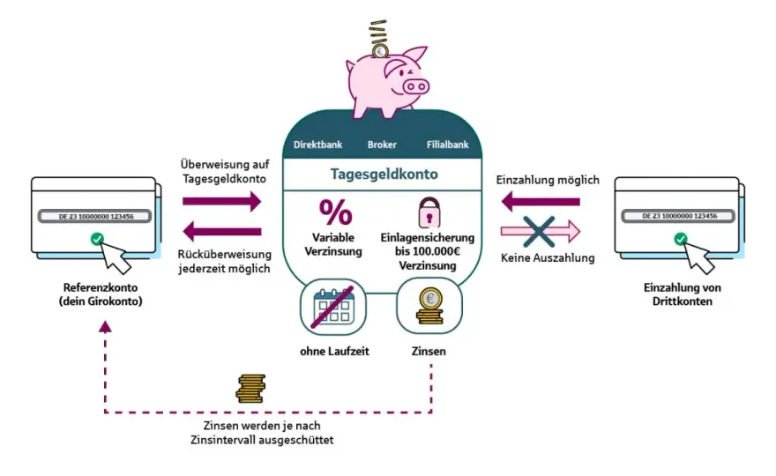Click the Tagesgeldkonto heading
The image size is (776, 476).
point(384,175)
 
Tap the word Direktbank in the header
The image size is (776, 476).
point(317,145)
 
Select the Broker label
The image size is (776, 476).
point(382,145)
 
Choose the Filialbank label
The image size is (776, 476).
point(447,145)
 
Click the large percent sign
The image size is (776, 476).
point(336,212)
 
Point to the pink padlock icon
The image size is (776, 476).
point(429,212)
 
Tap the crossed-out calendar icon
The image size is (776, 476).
point(333,307)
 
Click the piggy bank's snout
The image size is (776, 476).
point(415,87)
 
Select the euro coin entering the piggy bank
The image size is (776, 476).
point(380,50)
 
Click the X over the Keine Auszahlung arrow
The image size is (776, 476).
point(539,231)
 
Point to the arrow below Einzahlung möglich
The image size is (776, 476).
point(541,201)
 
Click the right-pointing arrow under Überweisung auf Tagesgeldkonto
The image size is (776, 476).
point(221,201)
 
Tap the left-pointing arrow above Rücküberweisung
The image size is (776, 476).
point(221,231)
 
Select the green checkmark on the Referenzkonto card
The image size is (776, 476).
point(98,239)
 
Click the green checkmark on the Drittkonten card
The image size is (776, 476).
point(681,239)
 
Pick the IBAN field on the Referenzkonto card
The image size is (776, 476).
point(94,216)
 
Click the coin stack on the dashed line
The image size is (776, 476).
point(250,389)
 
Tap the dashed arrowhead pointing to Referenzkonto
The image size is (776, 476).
point(105,326)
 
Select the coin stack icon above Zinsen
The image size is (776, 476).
point(429,306)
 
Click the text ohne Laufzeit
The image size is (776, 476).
point(334,352)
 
